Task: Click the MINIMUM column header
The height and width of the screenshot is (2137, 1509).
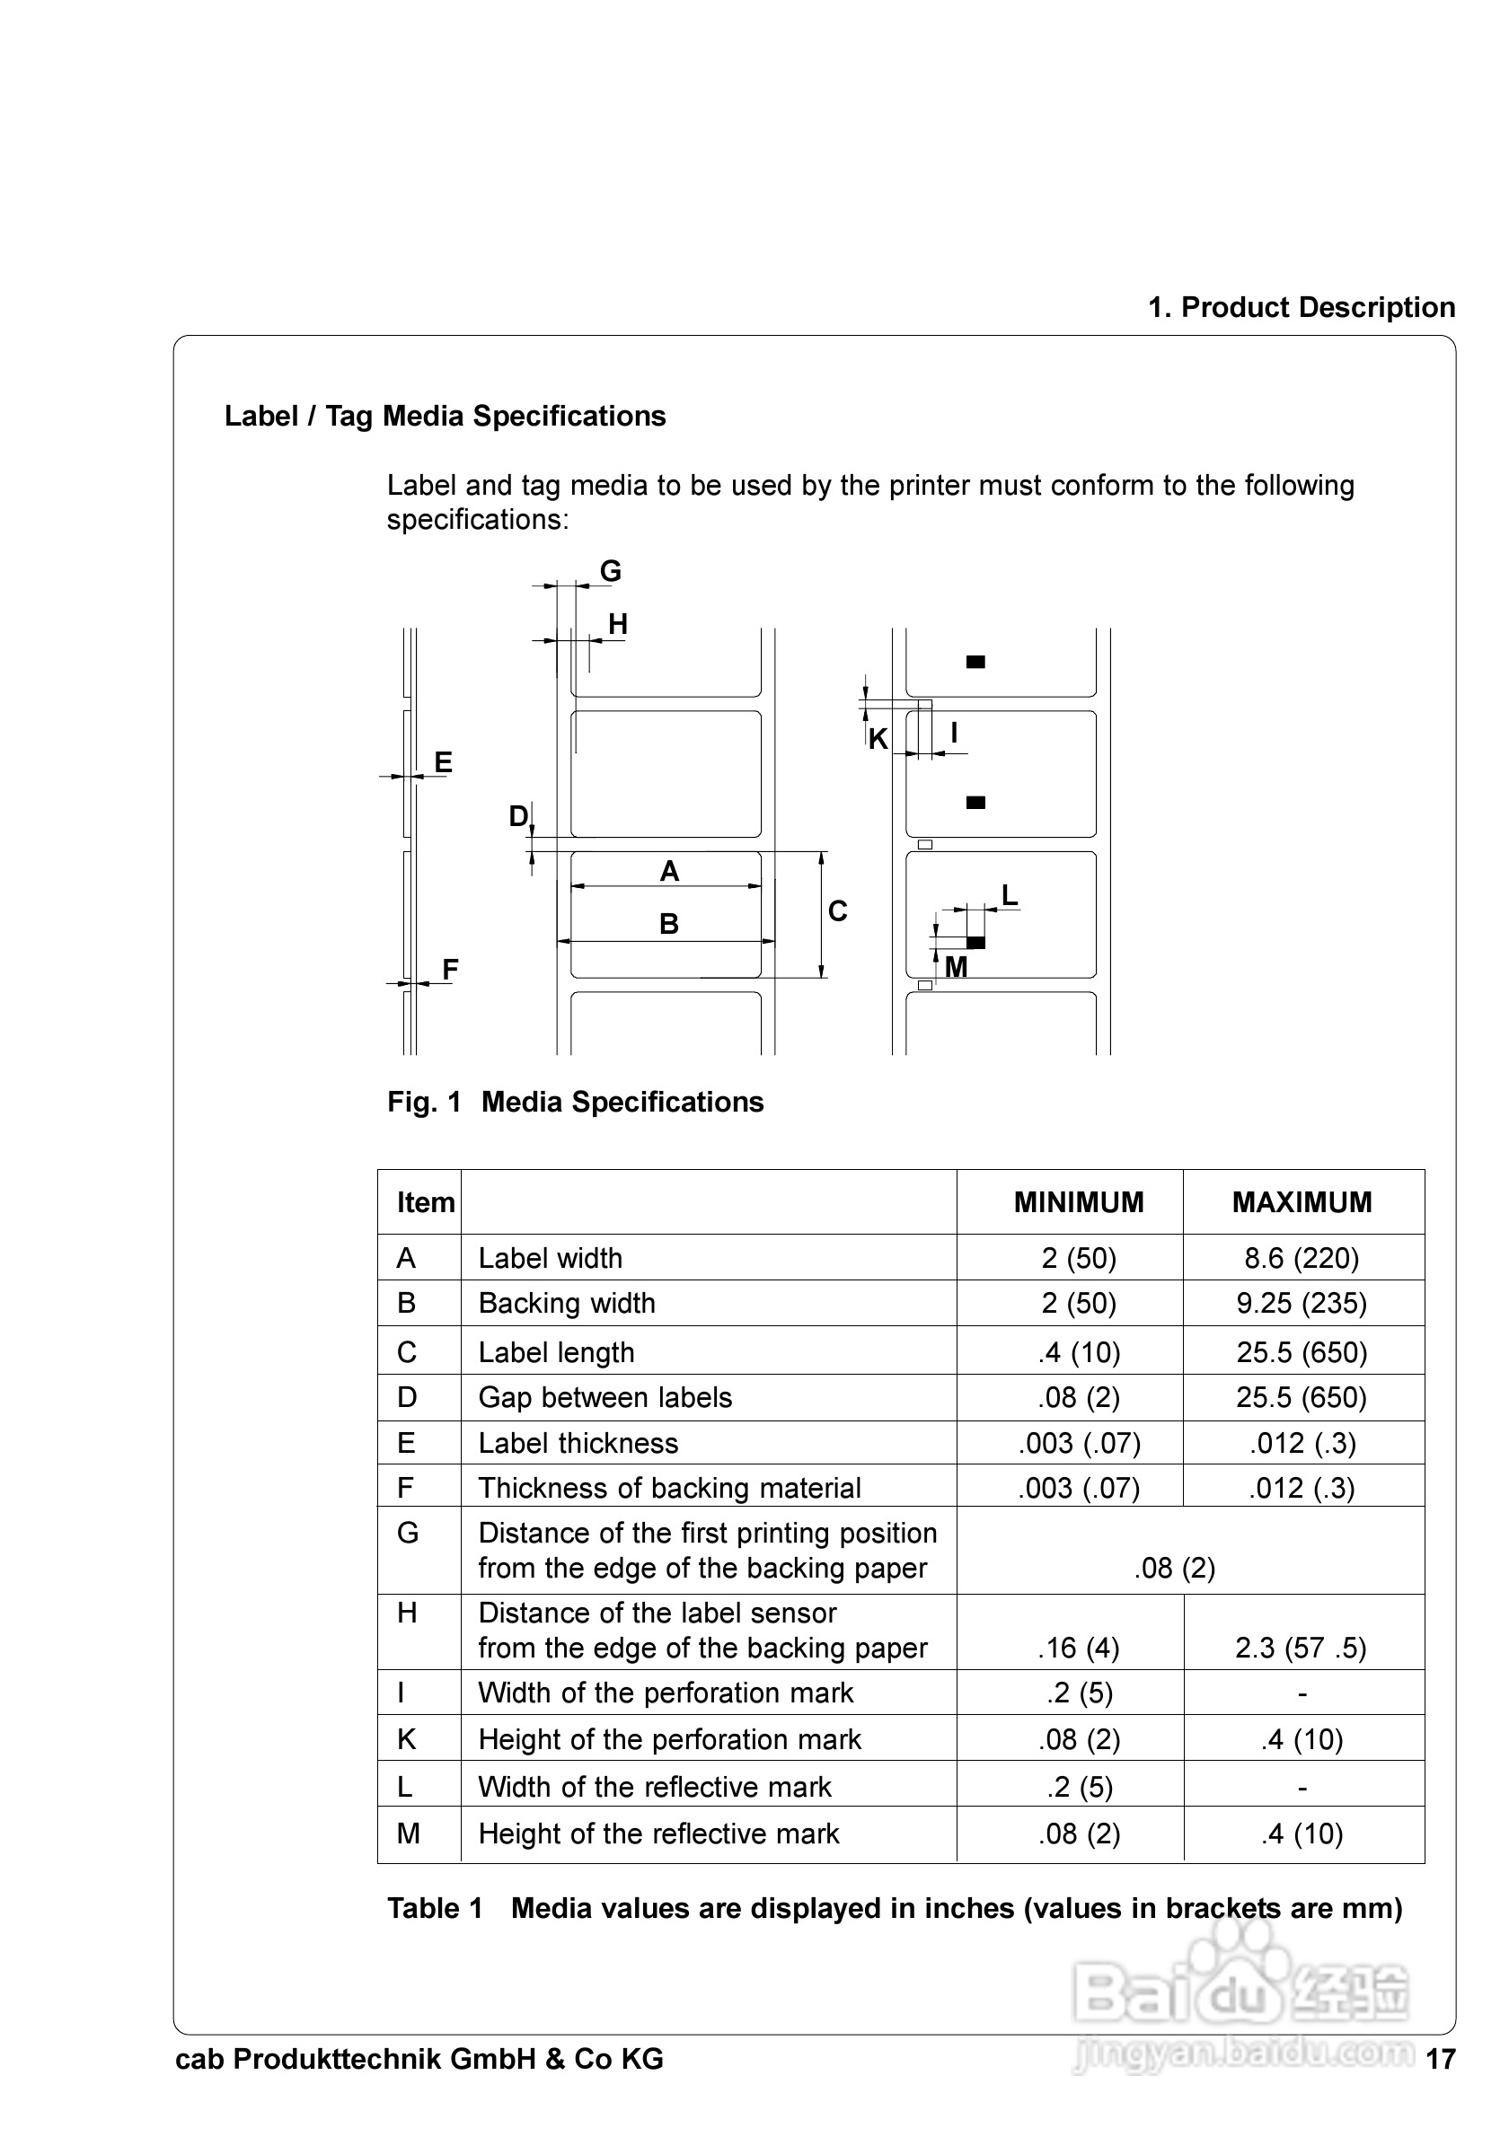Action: pos(1078,1201)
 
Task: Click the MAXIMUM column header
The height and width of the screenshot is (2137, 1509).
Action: pos(1302,1201)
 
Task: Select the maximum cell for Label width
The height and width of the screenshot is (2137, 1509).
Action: pos(1302,1258)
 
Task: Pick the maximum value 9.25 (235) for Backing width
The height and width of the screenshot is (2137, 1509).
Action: pos(1302,1303)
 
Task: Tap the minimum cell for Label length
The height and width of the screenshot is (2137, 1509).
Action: pos(1079,1352)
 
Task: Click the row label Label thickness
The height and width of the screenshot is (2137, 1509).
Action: pos(578,1443)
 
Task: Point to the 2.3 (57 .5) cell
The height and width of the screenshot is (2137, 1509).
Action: pos(1301,1648)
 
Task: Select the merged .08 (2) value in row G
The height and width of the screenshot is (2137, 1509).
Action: pos(1175,1568)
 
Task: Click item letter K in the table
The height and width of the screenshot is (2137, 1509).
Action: pos(407,1738)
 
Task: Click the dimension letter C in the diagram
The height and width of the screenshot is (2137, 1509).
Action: pos(838,911)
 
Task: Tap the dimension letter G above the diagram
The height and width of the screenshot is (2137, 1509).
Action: pos(610,570)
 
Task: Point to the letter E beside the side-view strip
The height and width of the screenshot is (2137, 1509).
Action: pos(443,762)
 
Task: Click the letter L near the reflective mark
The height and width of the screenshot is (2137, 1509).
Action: pos(1009,895)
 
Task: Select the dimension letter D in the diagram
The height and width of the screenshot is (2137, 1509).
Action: pos(517,816)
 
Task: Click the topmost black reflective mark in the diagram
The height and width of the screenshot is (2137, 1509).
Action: pos(975,662)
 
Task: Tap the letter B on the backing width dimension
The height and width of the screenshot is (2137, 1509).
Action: pos(668,924)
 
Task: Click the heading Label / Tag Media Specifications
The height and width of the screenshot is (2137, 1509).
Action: pos(445,416)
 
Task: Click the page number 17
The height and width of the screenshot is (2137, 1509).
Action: pos(1440,2059)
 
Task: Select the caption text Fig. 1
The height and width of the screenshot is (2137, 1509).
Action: pos(425,1102)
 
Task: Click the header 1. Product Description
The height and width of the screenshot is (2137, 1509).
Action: pos(1302,307)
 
